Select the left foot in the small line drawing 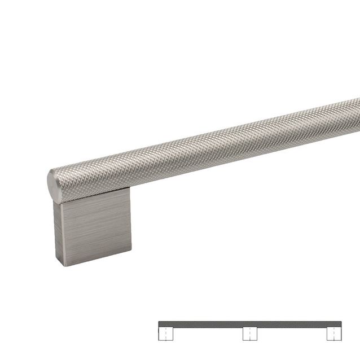[165, 334]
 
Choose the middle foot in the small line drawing [250, 334]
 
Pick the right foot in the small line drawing [334, 334]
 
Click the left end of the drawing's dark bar [160, 324]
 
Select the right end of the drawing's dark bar [340, 324]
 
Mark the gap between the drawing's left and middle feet [208, 335]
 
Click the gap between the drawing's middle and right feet [292, 335]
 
